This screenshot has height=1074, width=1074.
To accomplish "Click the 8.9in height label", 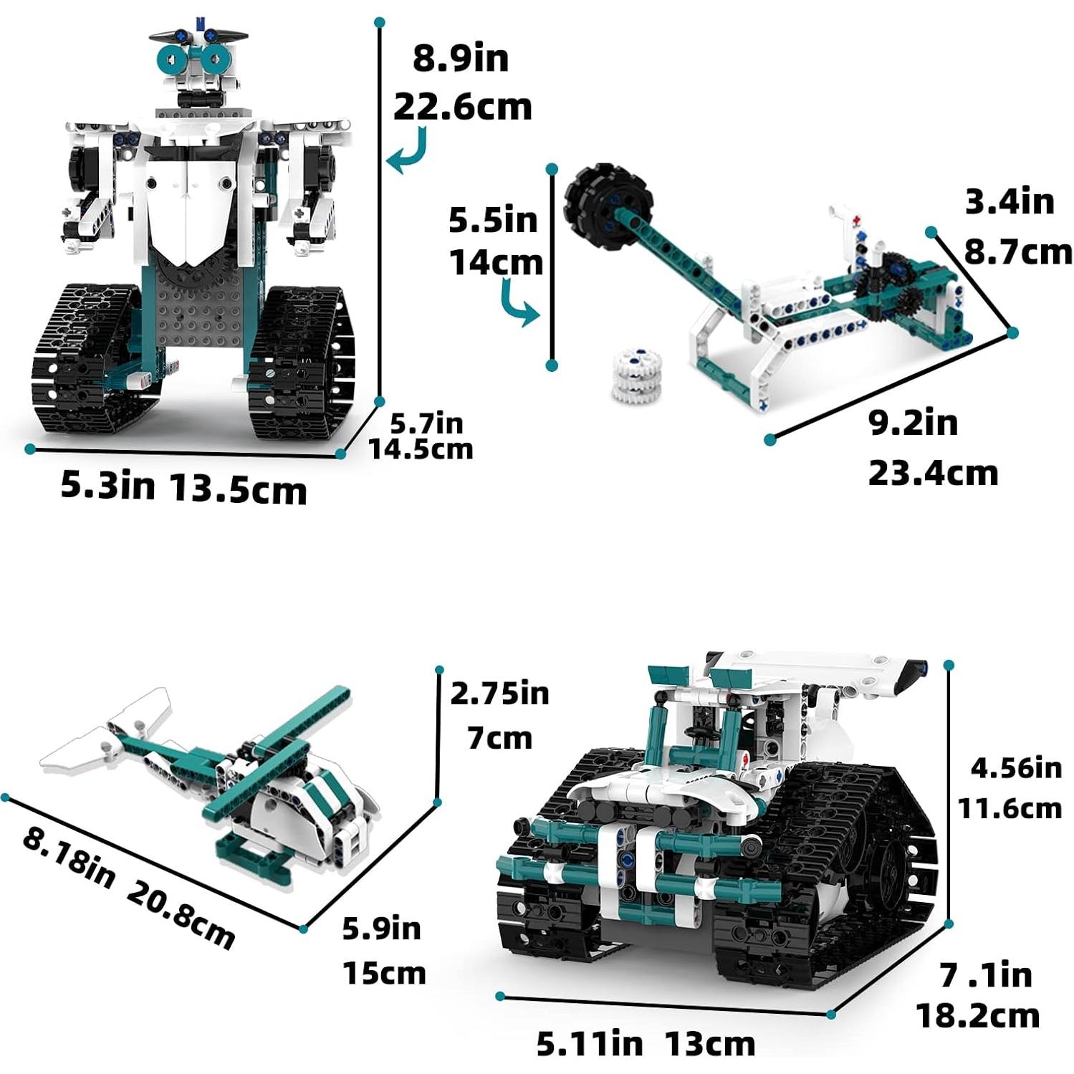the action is coord(461,59).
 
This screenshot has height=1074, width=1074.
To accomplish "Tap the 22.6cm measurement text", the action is coord(463,107).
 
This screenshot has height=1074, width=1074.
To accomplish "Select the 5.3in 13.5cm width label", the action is coord(183,487).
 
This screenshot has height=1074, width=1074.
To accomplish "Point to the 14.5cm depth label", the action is coord(421,450).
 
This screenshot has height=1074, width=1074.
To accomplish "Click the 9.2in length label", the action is coord(913,423).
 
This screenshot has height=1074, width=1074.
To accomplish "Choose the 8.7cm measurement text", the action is coord(1017,252).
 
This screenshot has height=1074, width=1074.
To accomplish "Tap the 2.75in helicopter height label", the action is coord(499,694).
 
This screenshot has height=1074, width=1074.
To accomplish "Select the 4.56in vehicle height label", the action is coord(1015,768).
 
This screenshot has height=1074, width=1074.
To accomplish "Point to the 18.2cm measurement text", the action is coord(978,1016).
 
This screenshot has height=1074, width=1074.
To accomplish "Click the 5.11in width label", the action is coord(590,1044).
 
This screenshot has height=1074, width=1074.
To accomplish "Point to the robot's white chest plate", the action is coord(188,208).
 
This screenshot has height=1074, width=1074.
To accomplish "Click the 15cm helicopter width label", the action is coord(384,973).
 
